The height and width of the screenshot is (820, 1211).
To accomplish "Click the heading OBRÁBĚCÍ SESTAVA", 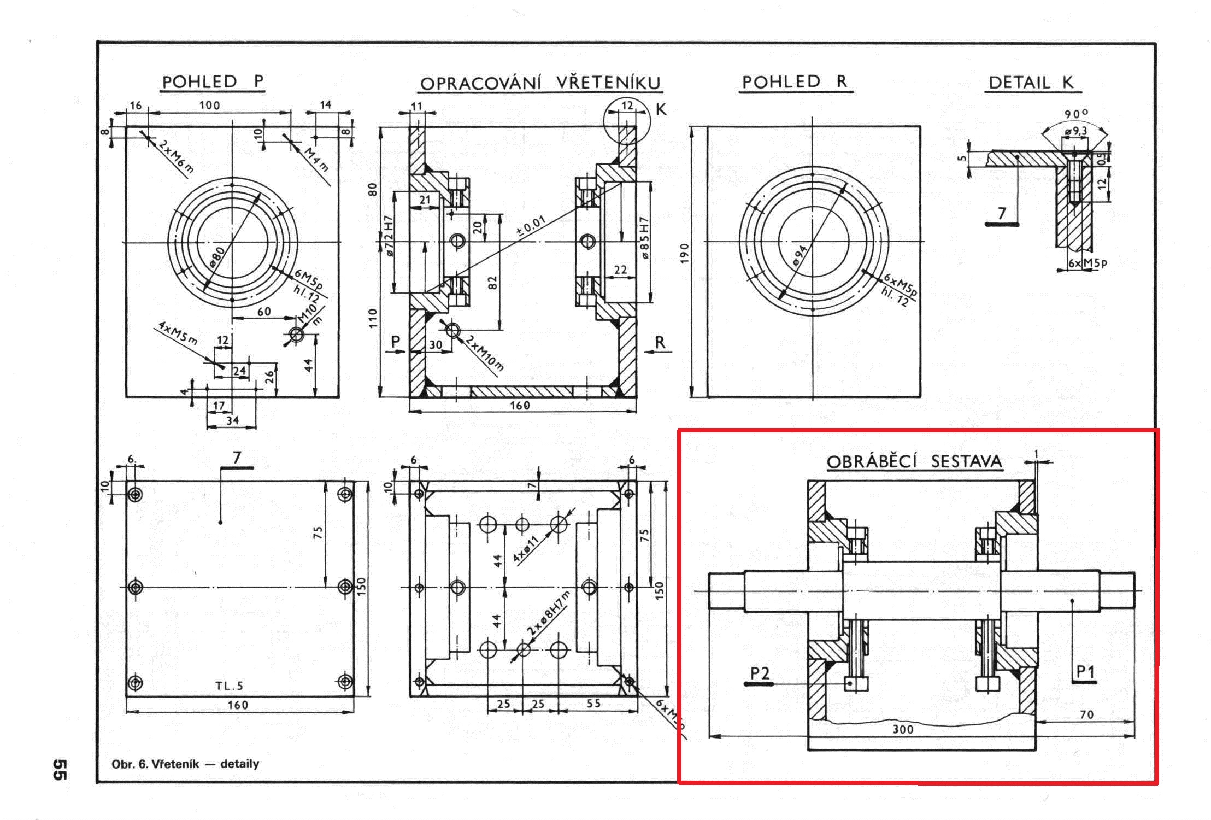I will (914, 462).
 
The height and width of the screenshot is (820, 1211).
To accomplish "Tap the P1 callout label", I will (1085, 672).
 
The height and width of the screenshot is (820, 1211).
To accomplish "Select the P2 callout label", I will (760, 673).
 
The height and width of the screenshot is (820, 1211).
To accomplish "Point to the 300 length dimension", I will (903, 729).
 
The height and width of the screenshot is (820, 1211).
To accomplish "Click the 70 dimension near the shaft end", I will (1086, 714).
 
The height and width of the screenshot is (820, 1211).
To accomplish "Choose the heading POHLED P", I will (213, 82).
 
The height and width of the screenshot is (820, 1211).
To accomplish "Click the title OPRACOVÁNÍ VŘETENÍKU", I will (540, 84).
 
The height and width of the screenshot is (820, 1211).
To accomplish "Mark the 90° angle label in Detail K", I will (1076, 114).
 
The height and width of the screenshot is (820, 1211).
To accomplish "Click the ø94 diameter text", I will (798, 255).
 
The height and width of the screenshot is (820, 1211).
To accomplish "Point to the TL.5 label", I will (229, 686).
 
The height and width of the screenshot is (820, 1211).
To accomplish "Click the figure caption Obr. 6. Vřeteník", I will (185, 764).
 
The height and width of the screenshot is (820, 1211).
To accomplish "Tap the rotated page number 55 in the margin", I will (59, 769).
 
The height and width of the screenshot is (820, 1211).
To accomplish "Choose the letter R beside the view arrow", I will (660, 343).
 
